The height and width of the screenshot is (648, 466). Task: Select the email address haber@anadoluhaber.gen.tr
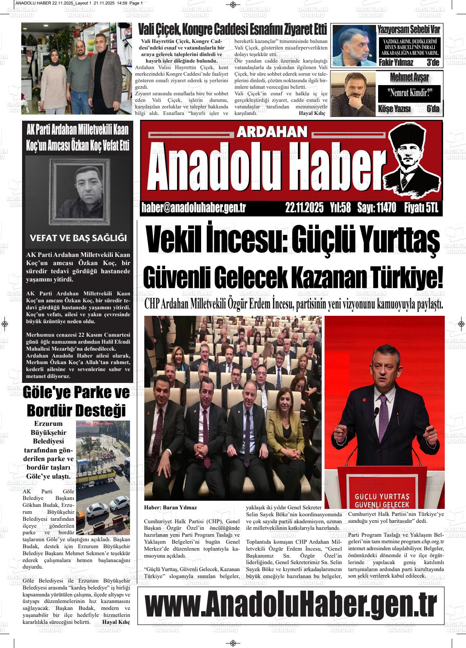pyautogui.click(x=193, y=208)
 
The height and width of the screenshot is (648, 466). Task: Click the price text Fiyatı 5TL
pyautogui.click(x=421, y=208)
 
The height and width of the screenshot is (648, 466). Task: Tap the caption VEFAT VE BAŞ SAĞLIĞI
pyautogui.click(x=78, y=238)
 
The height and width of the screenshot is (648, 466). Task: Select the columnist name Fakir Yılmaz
pyautogui.click(x=396, y=63)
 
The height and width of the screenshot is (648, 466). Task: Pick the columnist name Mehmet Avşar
pyautogui.click(x=409, y=77)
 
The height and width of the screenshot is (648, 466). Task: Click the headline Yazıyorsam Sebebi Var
pyautogui.click(x=408, y=29)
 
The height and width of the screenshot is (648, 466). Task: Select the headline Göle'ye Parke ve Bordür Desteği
pyautogui.click(x=76, y=401)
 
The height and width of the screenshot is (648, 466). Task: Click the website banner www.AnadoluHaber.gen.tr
pyautogui.click(x=291, y=604)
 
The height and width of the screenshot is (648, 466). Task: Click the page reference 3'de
pyautogui.click(x=432, y=63)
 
